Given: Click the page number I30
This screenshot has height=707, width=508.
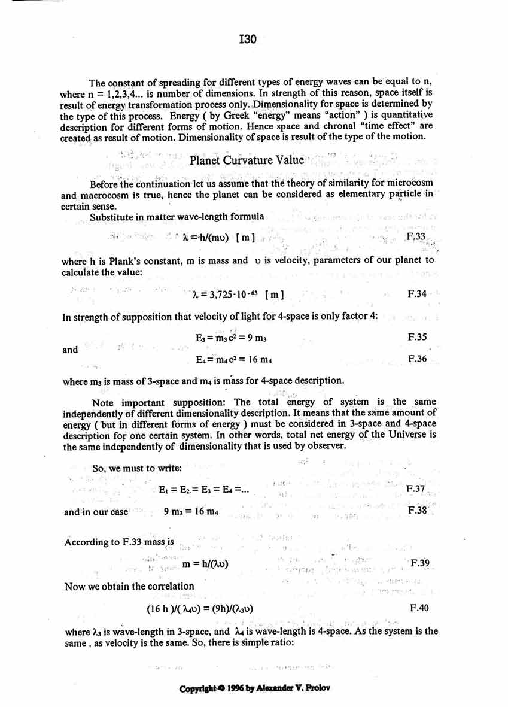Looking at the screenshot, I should point(247,40).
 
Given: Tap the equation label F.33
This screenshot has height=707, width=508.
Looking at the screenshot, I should point(415,238).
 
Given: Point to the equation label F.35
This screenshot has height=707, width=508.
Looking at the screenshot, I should point(416,338).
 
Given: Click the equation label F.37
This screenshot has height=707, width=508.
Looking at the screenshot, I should point(415,490).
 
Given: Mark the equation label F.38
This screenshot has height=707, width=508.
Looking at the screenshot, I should point(416,511).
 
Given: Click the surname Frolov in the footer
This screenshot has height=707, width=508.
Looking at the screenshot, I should point(318,688).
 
